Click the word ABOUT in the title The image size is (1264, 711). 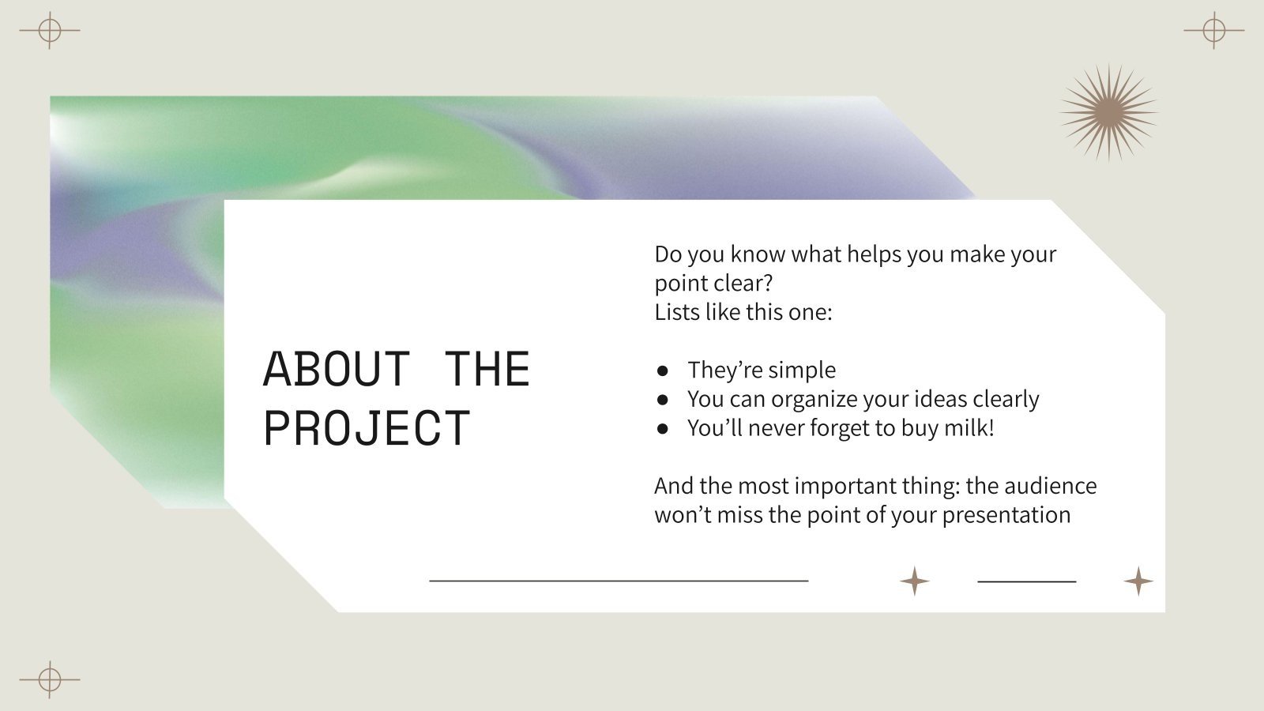(336, 369)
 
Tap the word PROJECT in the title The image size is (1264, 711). (367, 428)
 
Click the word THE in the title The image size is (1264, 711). (487, 369)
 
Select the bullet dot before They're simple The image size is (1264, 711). (663, 371)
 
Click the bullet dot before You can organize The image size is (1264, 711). (663, 400)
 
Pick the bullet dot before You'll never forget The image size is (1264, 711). (663, 429)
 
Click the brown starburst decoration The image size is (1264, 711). (1108, 113)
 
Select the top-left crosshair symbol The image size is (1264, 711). (50, 31)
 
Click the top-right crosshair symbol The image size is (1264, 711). (1214, 31)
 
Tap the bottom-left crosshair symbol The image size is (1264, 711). (50, 679)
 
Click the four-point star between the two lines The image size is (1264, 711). (915, 581)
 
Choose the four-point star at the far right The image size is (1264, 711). (1138, 581)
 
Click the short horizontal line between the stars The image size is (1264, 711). (1027, 581)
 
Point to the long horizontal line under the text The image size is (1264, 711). (619, 581)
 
